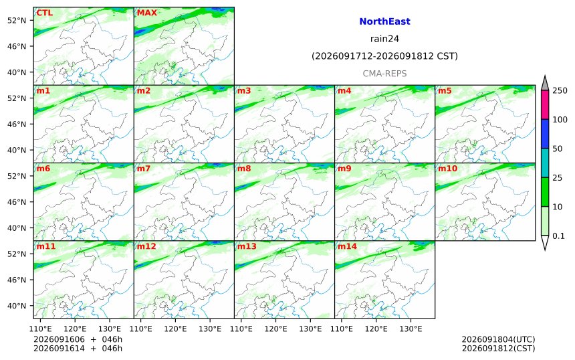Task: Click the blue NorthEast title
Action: [x=384, y=21]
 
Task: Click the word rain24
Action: [x=384, y=39]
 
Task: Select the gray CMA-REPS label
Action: [x=384, y=74]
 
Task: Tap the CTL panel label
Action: [x=44, y=13]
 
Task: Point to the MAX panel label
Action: [x=146, y=13]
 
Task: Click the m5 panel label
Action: [x=445, y=90]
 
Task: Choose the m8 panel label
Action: [x=244, y=169]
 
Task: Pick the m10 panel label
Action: [x=448, y=169]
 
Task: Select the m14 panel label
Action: [x=347, y=246]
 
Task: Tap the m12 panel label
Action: [x=146, y=246]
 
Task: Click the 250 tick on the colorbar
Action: [x=560, y=90]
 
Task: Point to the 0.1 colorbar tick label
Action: [x=558, y=236]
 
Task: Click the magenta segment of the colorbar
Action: [x=545, y=104]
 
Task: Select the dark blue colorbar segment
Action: [x=545, y=134]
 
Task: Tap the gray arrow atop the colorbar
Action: [x=545, y=84]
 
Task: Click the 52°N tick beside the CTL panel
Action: [x=17, y=20]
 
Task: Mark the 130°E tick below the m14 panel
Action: [x=411, y=329]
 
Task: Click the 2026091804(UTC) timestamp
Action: [x=498, y=339]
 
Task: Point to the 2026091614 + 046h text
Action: [x=78, y=348]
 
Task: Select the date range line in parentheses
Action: [x=384, y=56]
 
